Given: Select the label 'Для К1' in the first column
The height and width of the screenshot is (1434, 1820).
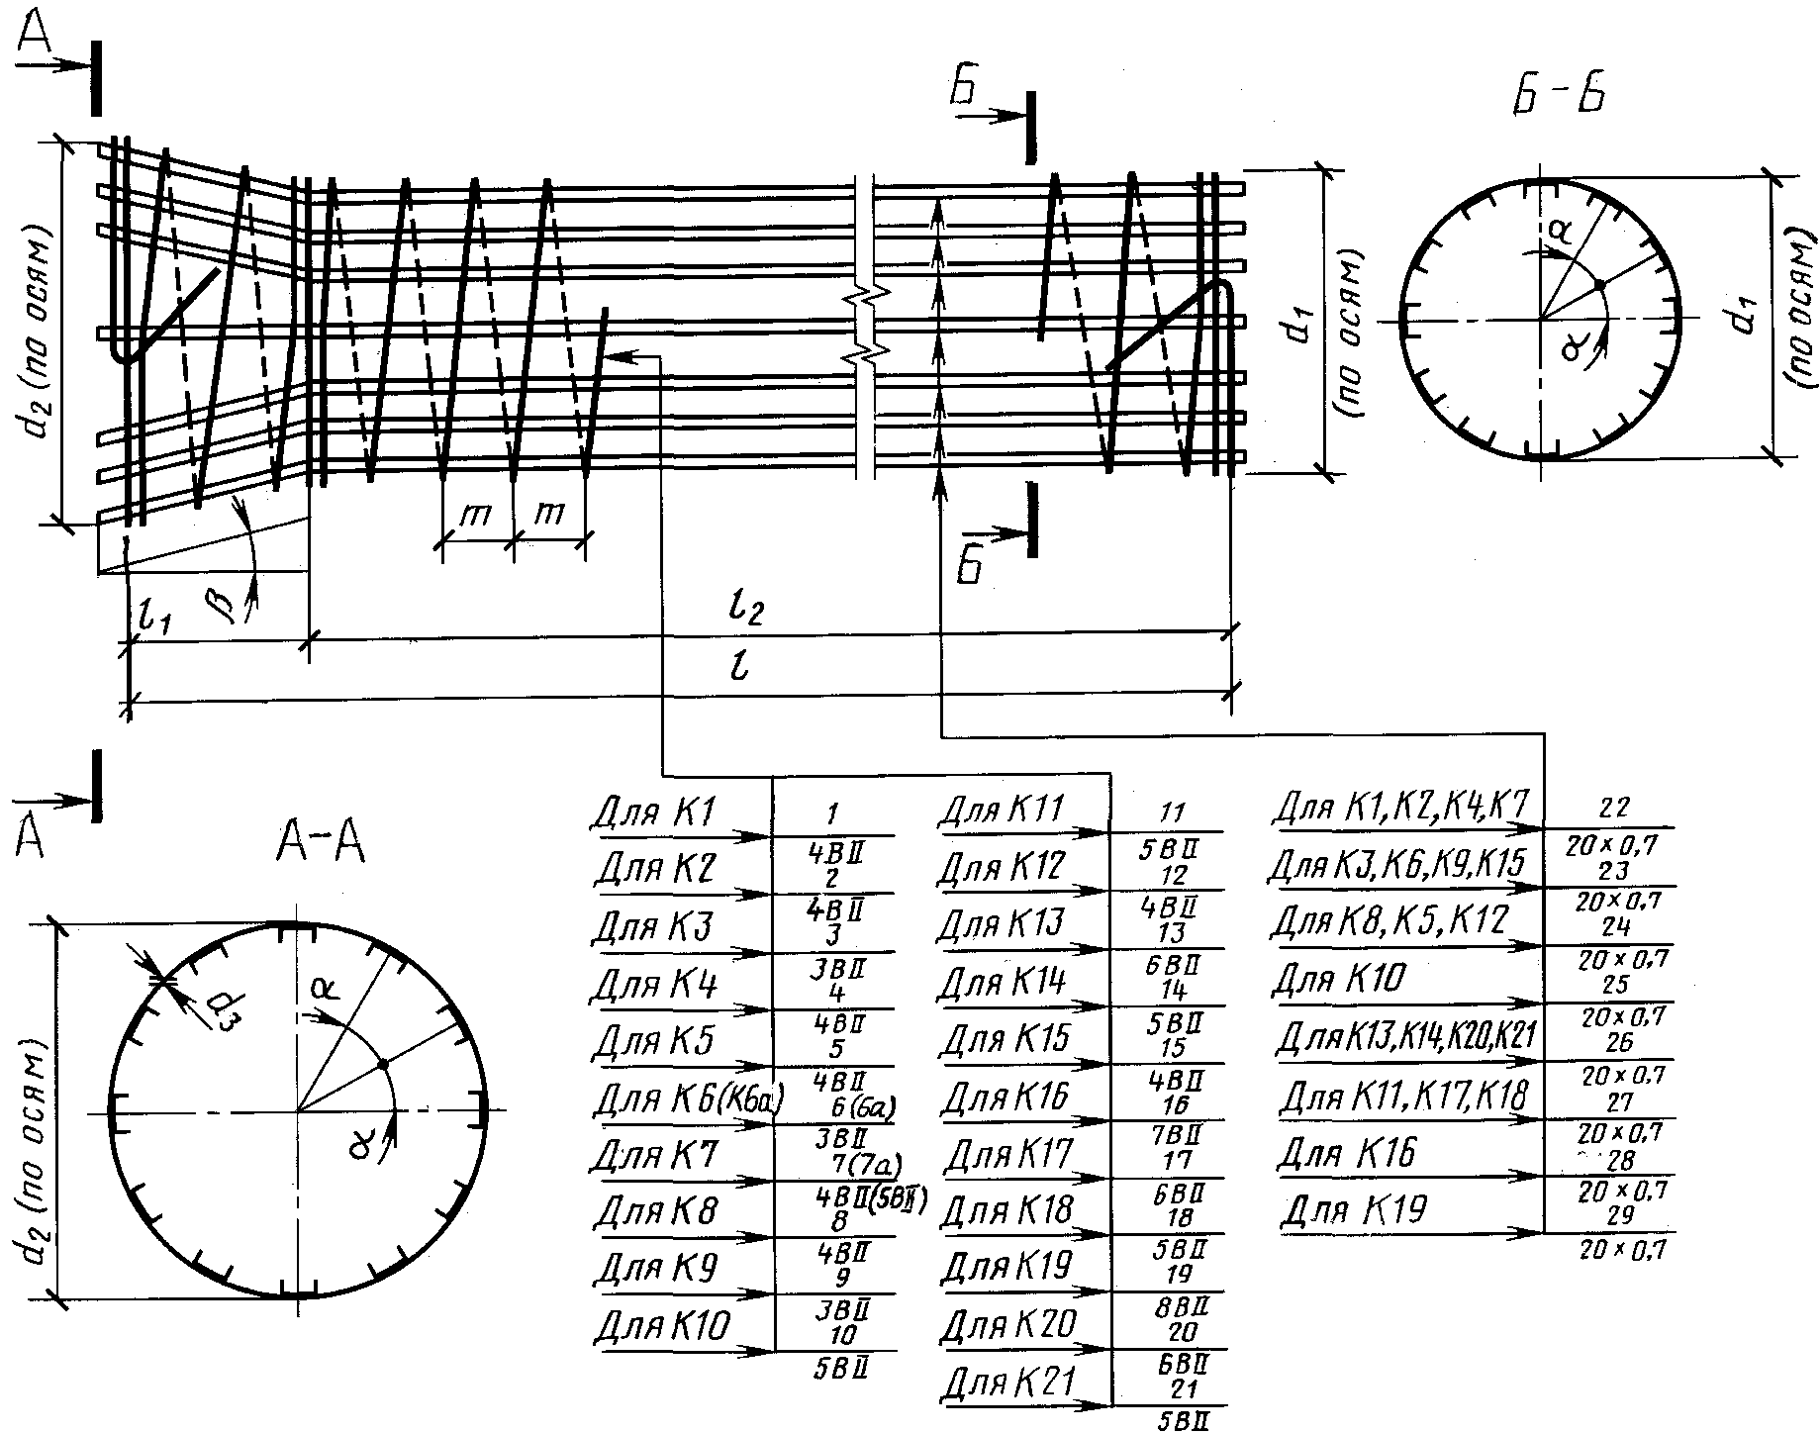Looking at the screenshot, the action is point(654,813).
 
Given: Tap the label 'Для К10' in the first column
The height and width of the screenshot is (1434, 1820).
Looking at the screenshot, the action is point(663,1325).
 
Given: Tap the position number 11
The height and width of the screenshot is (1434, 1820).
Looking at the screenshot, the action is point(1171,813).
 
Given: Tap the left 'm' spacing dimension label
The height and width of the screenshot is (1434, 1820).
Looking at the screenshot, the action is point(476,515).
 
